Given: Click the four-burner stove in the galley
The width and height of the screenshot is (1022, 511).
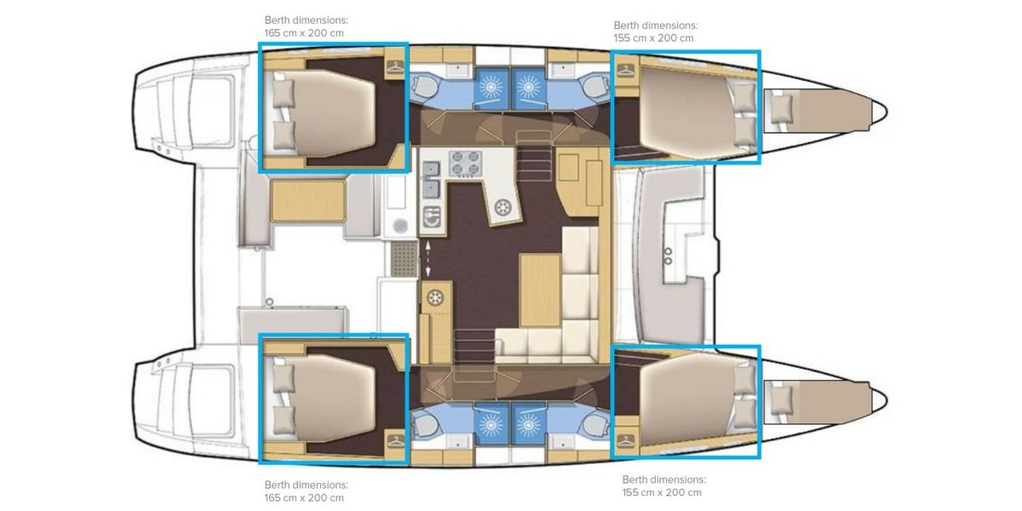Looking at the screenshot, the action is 465,164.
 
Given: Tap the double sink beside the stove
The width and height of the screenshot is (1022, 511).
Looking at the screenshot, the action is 431,180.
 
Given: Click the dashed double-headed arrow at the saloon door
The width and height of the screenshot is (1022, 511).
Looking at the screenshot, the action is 428,259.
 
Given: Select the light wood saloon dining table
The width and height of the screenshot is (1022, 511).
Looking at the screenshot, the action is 540,290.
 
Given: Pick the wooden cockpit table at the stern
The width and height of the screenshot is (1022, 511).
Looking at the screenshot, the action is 308,201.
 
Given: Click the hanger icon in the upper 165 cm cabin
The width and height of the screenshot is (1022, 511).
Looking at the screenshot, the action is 395,66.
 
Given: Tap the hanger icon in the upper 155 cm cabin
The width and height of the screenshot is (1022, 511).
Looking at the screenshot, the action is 625,70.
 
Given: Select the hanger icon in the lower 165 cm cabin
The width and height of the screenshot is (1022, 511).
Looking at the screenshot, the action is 395,441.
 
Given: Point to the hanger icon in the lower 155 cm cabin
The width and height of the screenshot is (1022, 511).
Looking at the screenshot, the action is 625,440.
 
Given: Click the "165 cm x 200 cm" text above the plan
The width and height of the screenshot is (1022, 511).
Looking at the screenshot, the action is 304,33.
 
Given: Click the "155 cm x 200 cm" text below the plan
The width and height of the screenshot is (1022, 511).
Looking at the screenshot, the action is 662,492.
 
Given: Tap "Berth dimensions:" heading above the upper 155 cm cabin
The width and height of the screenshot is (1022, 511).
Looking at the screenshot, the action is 656,26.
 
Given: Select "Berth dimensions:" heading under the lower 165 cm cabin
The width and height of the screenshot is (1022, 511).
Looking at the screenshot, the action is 306,485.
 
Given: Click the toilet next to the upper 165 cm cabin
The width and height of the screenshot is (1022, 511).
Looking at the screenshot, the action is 424,86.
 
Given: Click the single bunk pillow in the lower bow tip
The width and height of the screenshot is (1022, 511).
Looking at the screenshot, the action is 782,399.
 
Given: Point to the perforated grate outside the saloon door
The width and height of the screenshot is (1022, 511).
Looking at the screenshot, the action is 405,259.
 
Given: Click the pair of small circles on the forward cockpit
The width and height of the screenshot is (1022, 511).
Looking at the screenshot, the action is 668,256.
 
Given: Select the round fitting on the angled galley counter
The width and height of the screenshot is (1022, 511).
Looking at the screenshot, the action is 503,207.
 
